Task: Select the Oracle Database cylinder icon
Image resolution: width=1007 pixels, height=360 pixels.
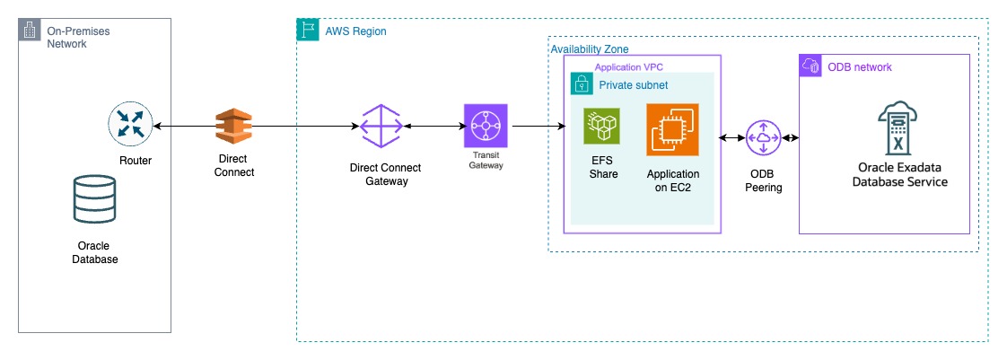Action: pyautogui.click(x=94, y=198)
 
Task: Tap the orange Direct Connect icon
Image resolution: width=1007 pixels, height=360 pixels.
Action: pyautogui.click(x=235, y=127)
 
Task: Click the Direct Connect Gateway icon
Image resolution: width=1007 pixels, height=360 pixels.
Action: pyautogui.click(x=381, y=126)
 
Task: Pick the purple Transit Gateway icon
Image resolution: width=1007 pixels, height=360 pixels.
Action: pyautogui.click(x=486, y=126)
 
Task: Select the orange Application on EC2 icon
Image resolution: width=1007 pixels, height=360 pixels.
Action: pyautogui.click(x=672, y=129)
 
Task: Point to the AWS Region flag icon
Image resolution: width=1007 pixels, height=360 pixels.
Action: pyautogui.click(x=307, y=30)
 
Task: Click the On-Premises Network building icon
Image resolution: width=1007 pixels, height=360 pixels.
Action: pyautogui.click(x=29, y=31)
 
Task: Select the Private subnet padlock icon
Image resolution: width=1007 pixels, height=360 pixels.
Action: pyautogui.click(x=581, y=84)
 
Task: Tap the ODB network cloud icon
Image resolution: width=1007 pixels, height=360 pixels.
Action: pyautogui.click(x=810, y=66)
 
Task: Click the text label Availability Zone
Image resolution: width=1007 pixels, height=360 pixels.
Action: pyautogui.click(x=589, y=48)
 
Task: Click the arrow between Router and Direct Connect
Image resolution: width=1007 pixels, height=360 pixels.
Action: pyautogui.click(x=183, y=127)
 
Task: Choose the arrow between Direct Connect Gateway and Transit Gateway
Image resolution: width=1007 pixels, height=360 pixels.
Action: pyautogui.click(x=433, y=127)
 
